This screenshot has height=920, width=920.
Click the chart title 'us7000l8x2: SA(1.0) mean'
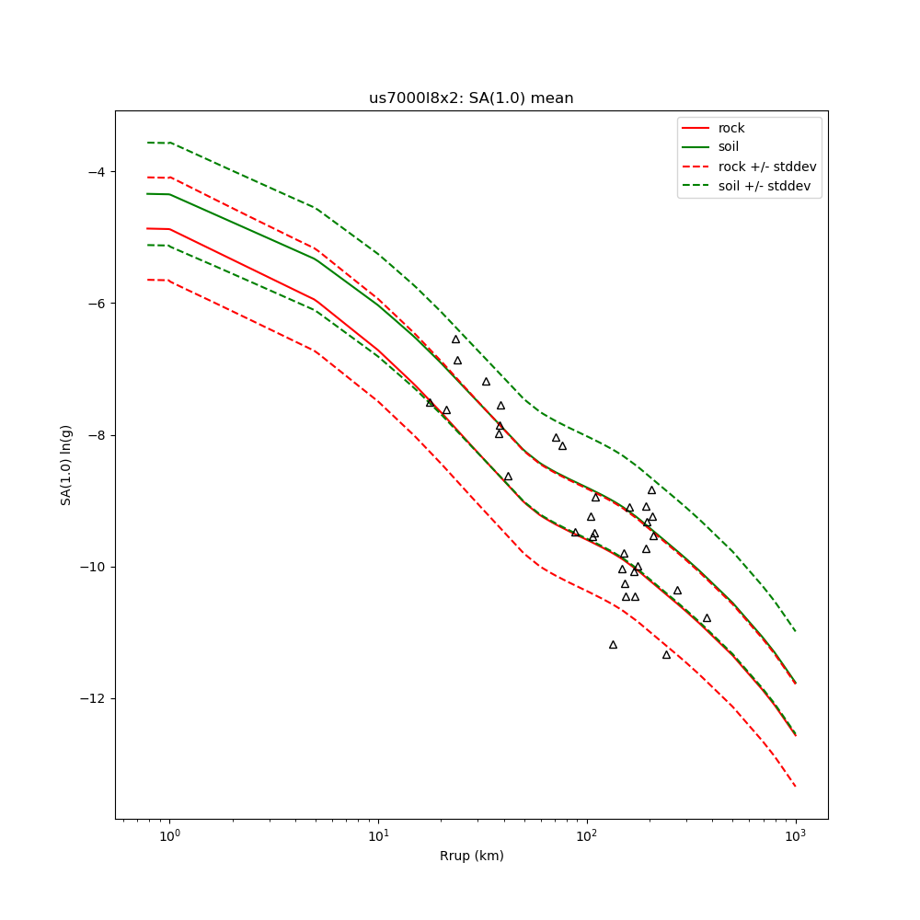click(x=471, y=98)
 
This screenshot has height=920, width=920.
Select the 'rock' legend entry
click(x=731, y=128)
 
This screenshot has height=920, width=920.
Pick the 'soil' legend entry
click(x=729, y=147)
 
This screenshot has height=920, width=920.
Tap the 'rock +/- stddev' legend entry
click(x=767, y=167)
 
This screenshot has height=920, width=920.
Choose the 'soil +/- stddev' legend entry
click(x=767, y=186)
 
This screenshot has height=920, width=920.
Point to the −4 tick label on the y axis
click(x=96, y=172)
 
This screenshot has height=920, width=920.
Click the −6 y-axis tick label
click(x=96, y=304)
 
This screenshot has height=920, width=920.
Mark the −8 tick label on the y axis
click(x=96, y=435)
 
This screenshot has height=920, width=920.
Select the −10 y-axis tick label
click(x=92, y=567)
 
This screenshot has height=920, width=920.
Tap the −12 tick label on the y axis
click(x=92, y=698)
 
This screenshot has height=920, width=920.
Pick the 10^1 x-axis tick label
click(x=378, y=836)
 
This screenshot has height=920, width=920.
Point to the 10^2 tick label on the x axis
click(x=587, y=836)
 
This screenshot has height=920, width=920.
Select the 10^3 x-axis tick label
click(x=796, y=836)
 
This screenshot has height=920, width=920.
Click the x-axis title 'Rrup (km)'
click(x=471, y=856)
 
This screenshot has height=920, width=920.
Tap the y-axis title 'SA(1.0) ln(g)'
click(x=66, y=465)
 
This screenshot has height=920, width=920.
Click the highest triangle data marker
click(x=455, y=339)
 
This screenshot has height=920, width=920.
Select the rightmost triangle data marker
click(x=707, y=618)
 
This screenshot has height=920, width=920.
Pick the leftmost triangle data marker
click(x=430, y=402)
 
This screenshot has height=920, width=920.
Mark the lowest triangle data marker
click(x=666, y=655)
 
